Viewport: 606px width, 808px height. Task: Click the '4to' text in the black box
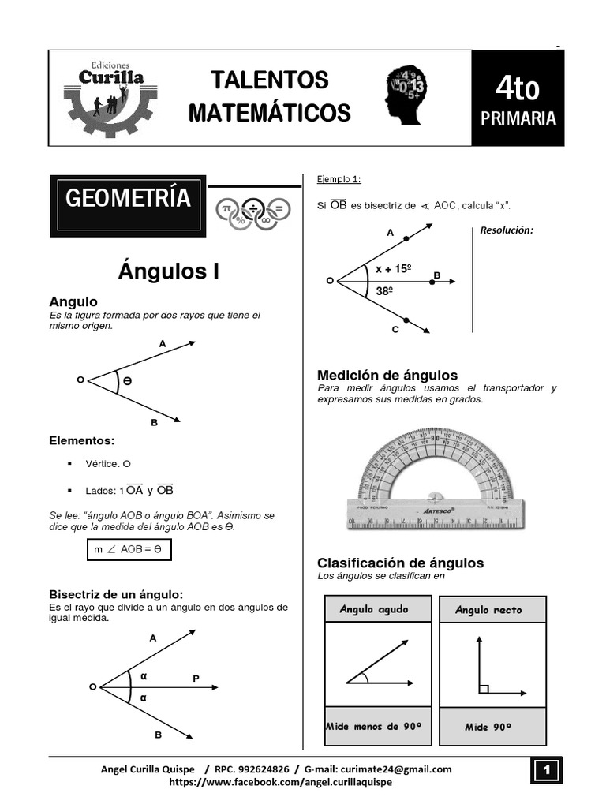click(518, 88)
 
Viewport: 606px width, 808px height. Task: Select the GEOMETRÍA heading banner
click(128, 199)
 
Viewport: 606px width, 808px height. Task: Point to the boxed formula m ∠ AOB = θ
click(128, 549)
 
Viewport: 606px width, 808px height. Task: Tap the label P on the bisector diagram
click(196, 678)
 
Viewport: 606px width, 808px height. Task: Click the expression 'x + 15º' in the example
click(393, 269)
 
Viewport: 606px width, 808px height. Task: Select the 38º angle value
click(385, 290)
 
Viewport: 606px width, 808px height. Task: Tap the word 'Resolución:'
click(507, 230)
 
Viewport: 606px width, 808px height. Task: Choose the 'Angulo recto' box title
click(488, 610)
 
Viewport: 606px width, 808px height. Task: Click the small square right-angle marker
click(484, 689)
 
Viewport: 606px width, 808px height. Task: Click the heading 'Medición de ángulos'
click(387, 375)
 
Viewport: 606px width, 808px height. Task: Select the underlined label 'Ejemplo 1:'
click(339, 179)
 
